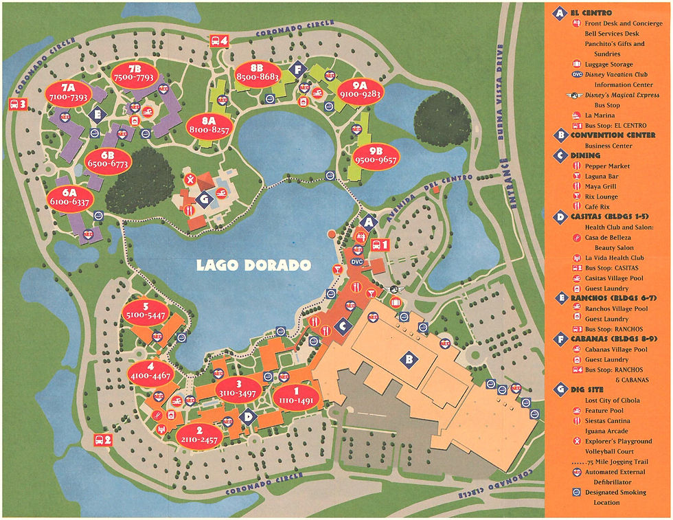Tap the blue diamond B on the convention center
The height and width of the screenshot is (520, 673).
409,359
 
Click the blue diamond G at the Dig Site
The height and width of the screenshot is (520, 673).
203,199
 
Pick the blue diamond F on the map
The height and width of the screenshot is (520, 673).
297,69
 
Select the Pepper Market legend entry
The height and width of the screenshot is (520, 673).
607,166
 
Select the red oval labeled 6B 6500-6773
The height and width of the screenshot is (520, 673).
108,161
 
